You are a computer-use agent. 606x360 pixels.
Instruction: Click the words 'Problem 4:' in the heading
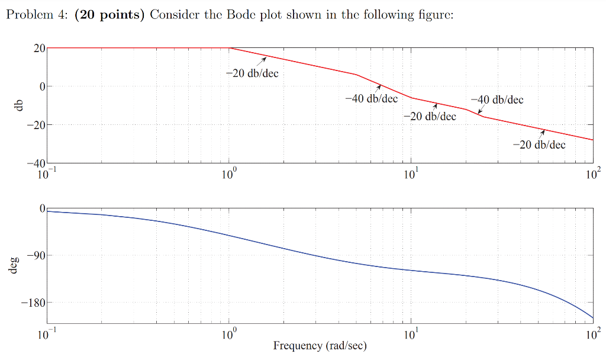tap(37, 15)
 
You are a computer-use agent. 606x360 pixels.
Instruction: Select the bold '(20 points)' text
tap(110, 15)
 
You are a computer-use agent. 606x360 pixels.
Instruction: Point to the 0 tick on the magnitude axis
tap(42, 86)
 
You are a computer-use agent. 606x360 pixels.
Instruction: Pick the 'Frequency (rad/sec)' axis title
tap(320, 345)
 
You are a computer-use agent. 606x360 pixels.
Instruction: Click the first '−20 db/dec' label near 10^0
tap(252, 73)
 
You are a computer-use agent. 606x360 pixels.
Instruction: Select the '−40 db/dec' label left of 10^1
tap(371, 98)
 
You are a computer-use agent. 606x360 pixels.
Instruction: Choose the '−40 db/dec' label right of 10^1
tap(497, 99)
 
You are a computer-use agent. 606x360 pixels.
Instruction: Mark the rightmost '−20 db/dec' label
tap(539, 144)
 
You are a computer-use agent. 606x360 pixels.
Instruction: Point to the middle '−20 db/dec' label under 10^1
tap(430, 116)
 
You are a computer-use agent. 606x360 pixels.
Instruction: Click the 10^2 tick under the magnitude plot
tap(592, 174)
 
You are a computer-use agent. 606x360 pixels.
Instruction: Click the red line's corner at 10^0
tap(230, 48)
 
